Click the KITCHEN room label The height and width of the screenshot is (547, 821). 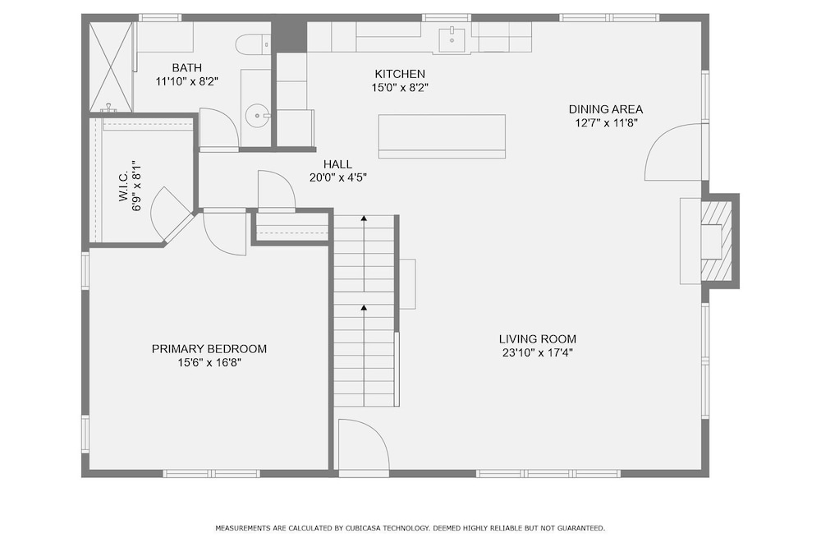(400, 74)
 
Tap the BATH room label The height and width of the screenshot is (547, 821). (187, 67)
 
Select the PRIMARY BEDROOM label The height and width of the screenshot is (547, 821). (209, 349)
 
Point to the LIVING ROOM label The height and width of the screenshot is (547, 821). (537, 339)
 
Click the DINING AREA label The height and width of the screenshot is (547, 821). (606, 109)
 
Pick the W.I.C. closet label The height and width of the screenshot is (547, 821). (124, 186)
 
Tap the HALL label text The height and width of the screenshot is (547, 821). (337, 164)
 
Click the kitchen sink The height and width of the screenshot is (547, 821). (452, 39)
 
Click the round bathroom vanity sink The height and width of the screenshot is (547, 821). (257, 115)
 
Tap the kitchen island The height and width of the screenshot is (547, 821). (442, 136)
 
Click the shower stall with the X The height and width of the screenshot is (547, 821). (111, 67)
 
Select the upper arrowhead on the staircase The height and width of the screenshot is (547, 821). (364, 218)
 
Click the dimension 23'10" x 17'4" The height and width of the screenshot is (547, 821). (537, 352)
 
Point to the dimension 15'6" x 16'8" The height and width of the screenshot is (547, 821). (209, 362)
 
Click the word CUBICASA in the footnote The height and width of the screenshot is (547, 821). (364, 528)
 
